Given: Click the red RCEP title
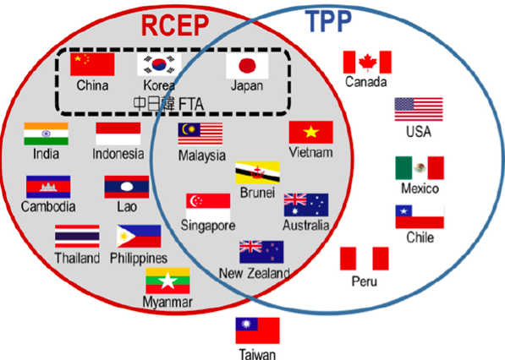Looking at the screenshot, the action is (175, 25).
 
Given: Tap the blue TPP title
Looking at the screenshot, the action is (328, 21).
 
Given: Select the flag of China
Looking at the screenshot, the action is (92, 64).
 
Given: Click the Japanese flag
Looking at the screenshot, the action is (247, 66).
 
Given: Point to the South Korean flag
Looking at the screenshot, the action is (159, 65).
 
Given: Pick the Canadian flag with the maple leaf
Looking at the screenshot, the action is (367, 62).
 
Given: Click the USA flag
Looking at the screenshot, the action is (419, 109).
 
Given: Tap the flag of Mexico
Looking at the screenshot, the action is (420, 168).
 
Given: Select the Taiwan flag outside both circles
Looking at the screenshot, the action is (258, 330).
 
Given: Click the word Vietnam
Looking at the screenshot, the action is (310, 152).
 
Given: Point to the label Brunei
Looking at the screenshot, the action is (257, 193).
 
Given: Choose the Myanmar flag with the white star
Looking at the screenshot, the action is (167, 281).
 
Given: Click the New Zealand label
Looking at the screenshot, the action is (255, 274).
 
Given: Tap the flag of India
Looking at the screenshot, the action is (46, 134).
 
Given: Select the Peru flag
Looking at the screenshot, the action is (365, 259).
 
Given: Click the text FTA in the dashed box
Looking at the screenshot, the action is (191, 105).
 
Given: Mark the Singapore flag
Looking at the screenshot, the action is (208, 206).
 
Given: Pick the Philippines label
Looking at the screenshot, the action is (139, 259).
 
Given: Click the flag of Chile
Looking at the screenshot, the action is (420, 216).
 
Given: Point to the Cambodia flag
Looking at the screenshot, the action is (48, 187).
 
